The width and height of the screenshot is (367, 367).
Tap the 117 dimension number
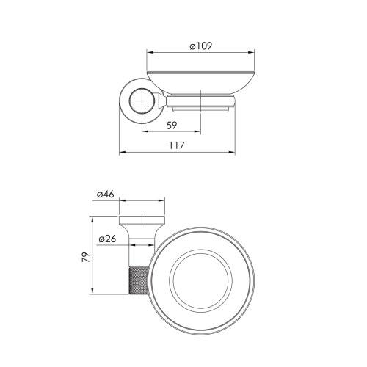click(176, 145)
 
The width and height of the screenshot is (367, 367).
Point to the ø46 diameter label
click(104, 195)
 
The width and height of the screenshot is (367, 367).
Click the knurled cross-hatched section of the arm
click(139, 283)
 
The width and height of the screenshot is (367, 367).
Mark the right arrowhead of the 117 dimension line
click(233, 153)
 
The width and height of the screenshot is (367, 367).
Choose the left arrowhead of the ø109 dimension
click(149, 53)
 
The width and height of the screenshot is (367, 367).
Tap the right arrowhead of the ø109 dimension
click(252, 53)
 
